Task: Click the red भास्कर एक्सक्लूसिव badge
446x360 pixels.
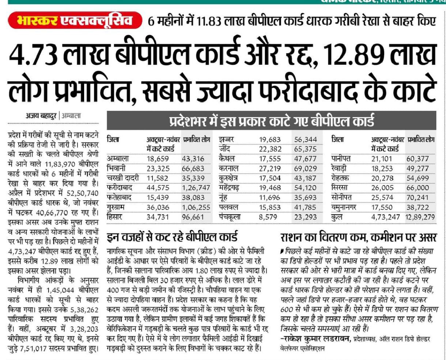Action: point(75,20)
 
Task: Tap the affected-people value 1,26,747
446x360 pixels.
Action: point(197,187)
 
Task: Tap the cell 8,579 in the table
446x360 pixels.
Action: point(270,217)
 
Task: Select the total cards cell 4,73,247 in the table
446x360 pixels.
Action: point(385,217)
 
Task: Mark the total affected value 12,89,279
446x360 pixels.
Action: point(420,217)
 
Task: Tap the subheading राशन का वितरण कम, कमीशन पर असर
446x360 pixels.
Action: point(358,238)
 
